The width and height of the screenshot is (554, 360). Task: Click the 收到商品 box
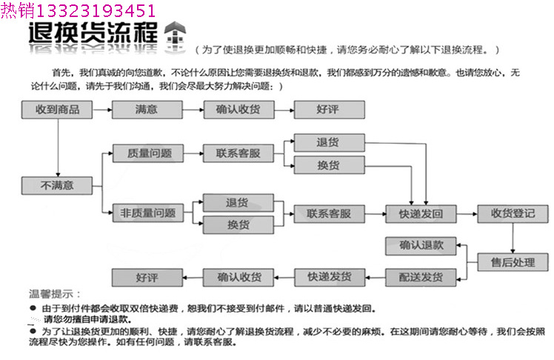pos(58,110)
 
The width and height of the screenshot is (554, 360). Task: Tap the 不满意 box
pos(58,185)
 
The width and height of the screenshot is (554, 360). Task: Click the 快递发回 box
pos(420,214)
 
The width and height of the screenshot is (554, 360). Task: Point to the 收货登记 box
pos(512,214)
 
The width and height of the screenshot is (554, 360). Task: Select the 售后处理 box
pos(512,261)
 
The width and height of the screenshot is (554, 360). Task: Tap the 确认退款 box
pos(420,245)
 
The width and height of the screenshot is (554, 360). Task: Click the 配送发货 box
pos(420,278)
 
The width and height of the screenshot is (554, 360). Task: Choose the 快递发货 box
pos(330,278)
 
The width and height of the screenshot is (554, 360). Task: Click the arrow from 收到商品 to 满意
pos(101,110)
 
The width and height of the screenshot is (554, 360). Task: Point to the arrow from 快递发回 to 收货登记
pos(465,214)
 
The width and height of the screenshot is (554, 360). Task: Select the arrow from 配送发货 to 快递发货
pos(375,278)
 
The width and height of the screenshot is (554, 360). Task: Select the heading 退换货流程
pos(93,34)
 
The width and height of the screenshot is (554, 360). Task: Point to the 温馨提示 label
pos(56,294)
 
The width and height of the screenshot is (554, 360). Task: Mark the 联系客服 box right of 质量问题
pos(238,154)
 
